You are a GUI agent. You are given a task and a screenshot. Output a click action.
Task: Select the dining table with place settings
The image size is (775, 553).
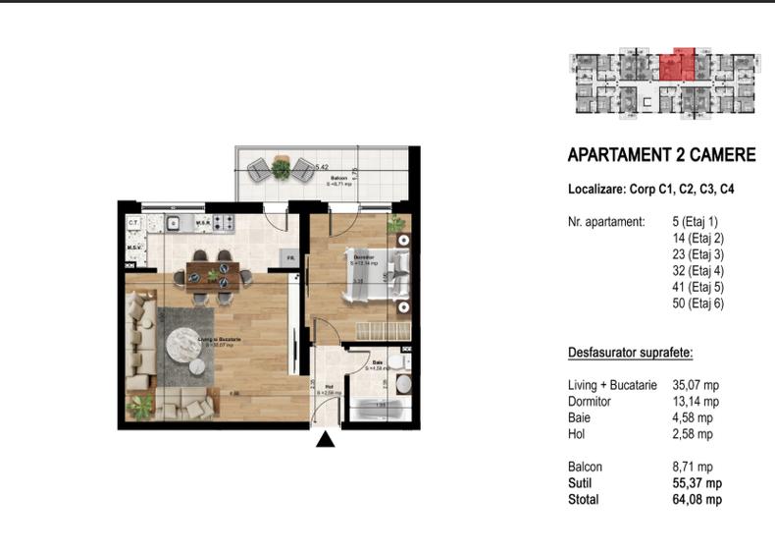click(213, 269)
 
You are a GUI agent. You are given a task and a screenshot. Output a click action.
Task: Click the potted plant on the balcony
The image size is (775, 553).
click(282, 169)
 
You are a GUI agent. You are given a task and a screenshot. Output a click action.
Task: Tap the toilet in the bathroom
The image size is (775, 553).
click(402, 383)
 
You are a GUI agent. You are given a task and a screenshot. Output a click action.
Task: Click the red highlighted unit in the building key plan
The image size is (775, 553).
click(677, 66)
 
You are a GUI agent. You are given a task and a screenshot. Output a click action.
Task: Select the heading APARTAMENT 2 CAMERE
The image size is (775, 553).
click(661, 155)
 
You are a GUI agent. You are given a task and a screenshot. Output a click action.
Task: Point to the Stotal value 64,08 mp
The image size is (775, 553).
click(699, 500)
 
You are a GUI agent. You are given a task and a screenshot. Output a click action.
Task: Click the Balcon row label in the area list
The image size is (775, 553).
click(585, 467)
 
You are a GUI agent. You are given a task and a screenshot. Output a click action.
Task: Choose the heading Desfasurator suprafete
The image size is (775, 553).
click(631, 352)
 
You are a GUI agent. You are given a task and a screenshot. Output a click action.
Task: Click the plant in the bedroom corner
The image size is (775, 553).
click(396, 226)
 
